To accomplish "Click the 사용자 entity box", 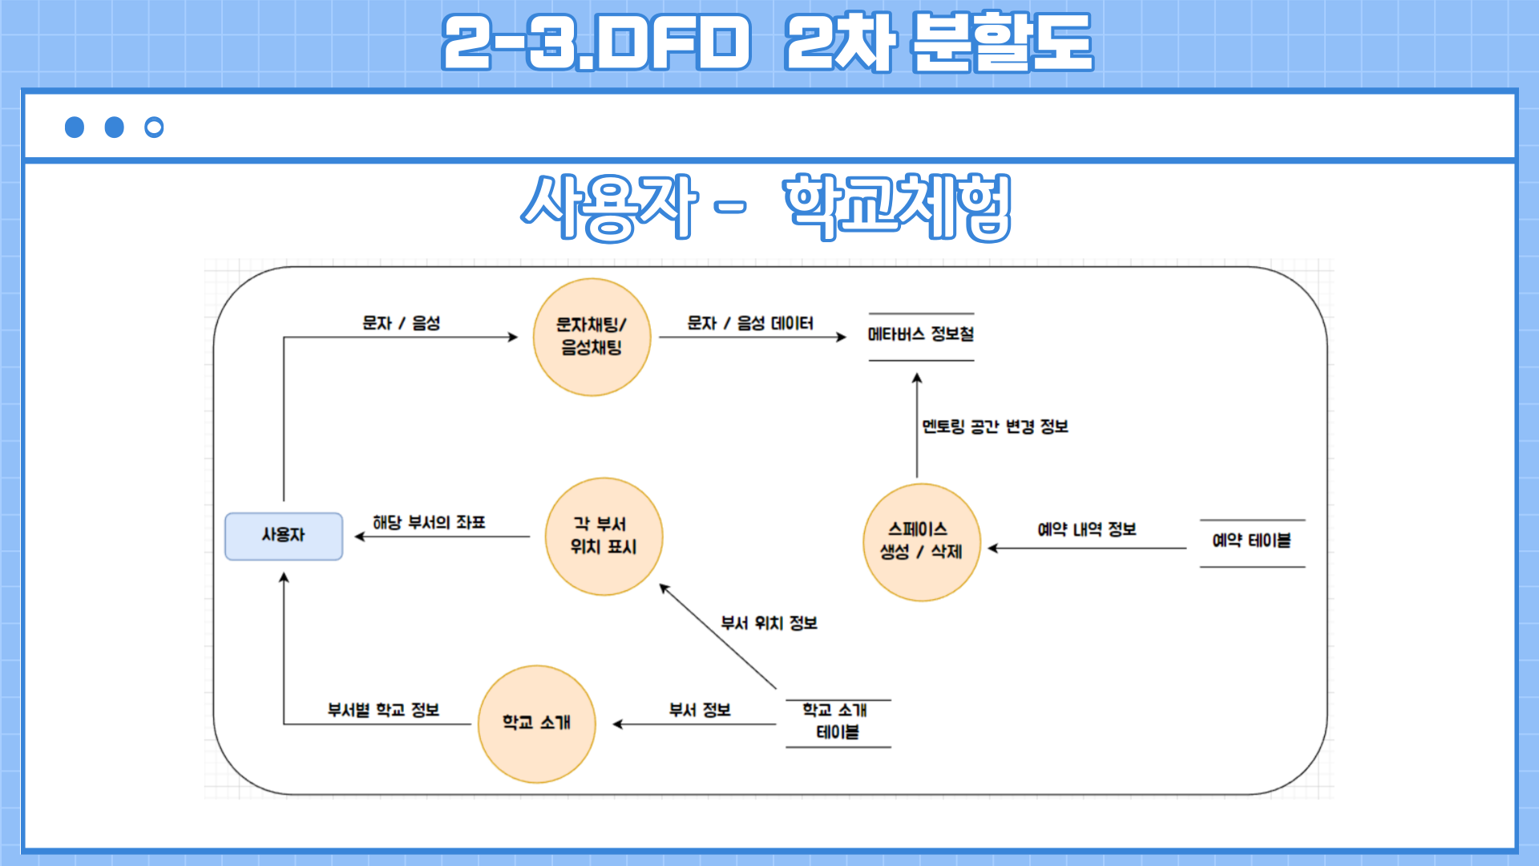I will coord(284,536).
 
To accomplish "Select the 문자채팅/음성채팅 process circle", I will coord(592,337).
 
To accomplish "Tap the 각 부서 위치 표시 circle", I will coord(604,536).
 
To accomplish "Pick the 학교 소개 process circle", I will coord(536,723).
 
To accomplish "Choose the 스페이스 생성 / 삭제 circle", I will coord(921,542).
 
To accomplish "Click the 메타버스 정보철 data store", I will coord(921,335).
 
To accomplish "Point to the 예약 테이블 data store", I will coord(1251,542).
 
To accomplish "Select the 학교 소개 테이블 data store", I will coord(837,722).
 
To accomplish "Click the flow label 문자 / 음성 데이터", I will coord(750,323).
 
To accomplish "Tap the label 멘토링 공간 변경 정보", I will coord(995,427).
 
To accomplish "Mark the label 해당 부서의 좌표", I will coord(429,523).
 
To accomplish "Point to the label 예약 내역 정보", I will coord(1087,529).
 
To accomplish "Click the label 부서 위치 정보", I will coord(769,623).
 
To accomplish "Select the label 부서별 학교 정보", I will coord(383,710).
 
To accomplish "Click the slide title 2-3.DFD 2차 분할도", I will coord(767,42).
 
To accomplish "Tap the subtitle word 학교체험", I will coord(898,207).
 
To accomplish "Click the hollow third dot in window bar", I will coord(154,127).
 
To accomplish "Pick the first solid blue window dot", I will coord(75,127).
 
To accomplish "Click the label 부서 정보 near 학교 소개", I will coord(700,710).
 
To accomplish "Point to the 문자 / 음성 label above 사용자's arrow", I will coord(401,323).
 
